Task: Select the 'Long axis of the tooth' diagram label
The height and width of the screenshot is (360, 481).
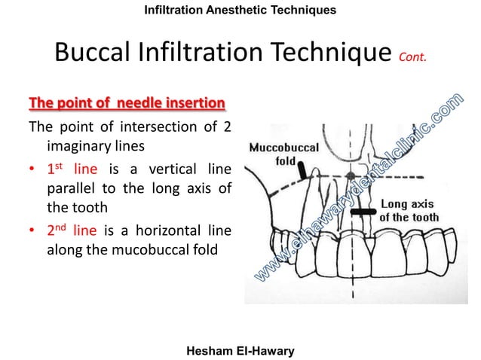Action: [409, 210]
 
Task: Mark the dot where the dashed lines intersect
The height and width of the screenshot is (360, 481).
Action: [350, 177]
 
